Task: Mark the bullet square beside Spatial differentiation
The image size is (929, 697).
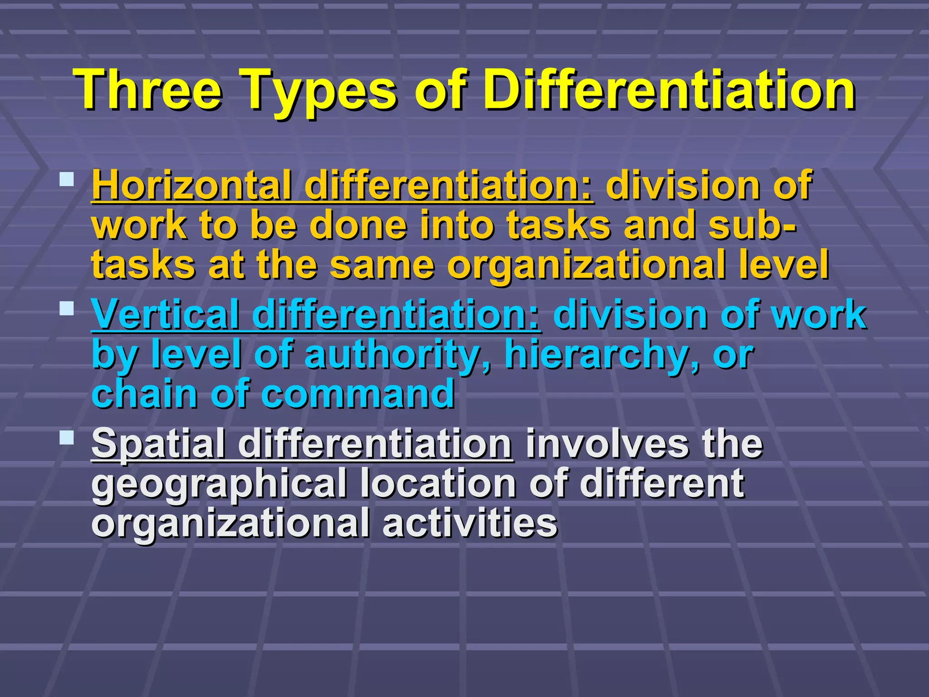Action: (67, 438)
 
